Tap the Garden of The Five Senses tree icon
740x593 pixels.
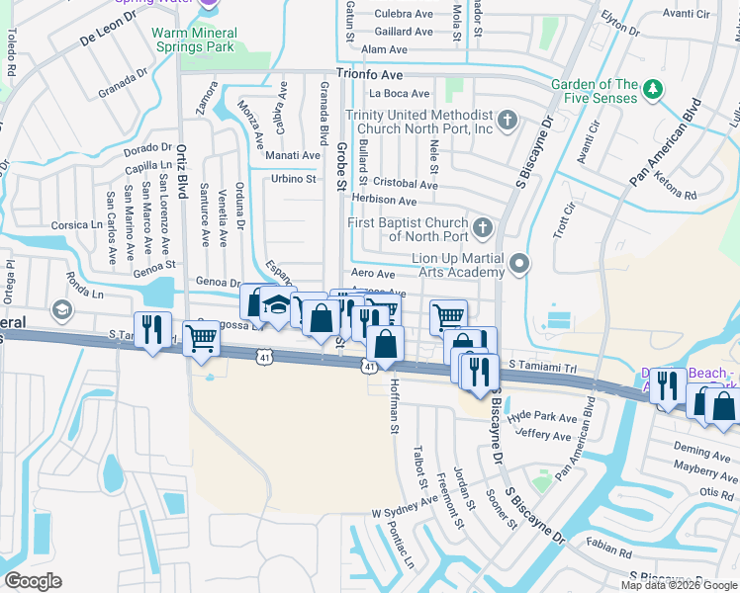[x=652, y=91]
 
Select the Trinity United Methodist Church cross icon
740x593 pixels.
[x=508, y=121]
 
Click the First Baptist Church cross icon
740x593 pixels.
[x=482, y=228]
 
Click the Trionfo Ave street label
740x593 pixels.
[x=369, y=74]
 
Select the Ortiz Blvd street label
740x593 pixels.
[x=182, y=172]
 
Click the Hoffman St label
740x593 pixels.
[x=394, y=406]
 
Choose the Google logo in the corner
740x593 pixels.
[x=33, y=581]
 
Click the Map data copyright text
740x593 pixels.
[x=678, y=585]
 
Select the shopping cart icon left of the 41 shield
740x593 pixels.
[x=202, y=338]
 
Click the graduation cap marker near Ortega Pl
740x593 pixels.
[x=61, y=311]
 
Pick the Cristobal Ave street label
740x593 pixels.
[x=404, y=185]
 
